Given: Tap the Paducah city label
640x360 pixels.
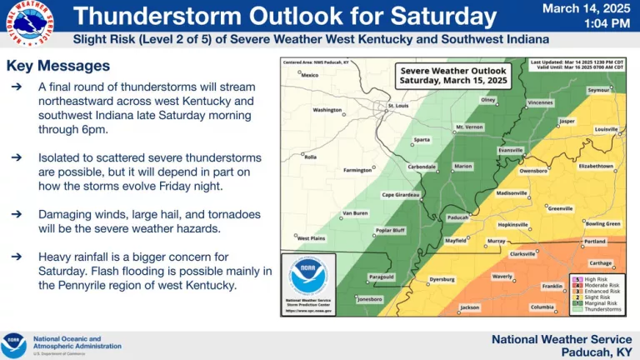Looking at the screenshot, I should (457, 218).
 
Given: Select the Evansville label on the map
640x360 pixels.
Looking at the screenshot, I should (510, 150).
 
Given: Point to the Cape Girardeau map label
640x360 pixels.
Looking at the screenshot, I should (401, 195).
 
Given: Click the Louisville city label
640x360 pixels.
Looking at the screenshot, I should (606, 129).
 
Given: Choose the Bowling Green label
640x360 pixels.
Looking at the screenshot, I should (602, 223).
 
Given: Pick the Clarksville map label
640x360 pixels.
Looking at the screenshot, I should (522, 254).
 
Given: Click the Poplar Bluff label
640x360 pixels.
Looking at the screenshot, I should (390, 230).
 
